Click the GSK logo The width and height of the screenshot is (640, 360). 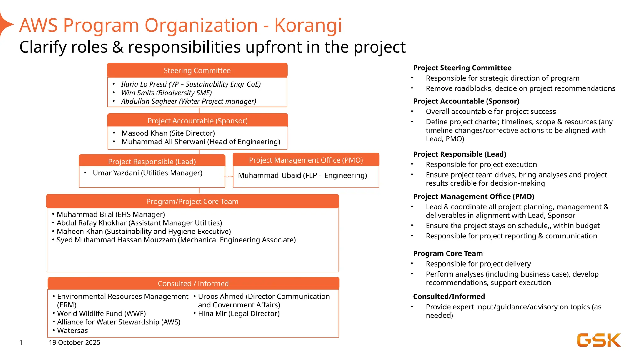[599, 340]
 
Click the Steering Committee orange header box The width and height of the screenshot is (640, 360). [197, 70]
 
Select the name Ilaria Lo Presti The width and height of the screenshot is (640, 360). [144, 84]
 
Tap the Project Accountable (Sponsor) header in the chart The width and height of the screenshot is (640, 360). [197, 121]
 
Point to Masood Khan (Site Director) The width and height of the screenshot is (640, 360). [168, 133]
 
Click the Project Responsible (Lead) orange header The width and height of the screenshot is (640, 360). [152, 161]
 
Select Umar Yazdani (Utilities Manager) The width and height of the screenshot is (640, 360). [147, 173]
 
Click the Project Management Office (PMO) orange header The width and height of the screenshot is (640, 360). [306, 160]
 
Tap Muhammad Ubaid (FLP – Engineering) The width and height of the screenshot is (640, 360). [302, 175]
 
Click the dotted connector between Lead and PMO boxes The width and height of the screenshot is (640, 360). [229, 177]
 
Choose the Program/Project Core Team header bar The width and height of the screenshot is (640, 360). [192, 202]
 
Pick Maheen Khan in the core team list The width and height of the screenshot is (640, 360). [144, 232]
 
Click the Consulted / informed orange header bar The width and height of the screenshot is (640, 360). [193, 283]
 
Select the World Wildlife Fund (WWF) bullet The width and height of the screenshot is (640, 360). [101, 313]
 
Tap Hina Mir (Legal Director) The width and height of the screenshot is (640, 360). [239, 313]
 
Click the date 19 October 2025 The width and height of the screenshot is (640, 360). [74, 342]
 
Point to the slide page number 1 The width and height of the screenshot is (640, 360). [21, 342]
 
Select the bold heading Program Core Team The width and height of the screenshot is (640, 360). [448, 253]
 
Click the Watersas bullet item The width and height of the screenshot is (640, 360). [72, 331]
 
